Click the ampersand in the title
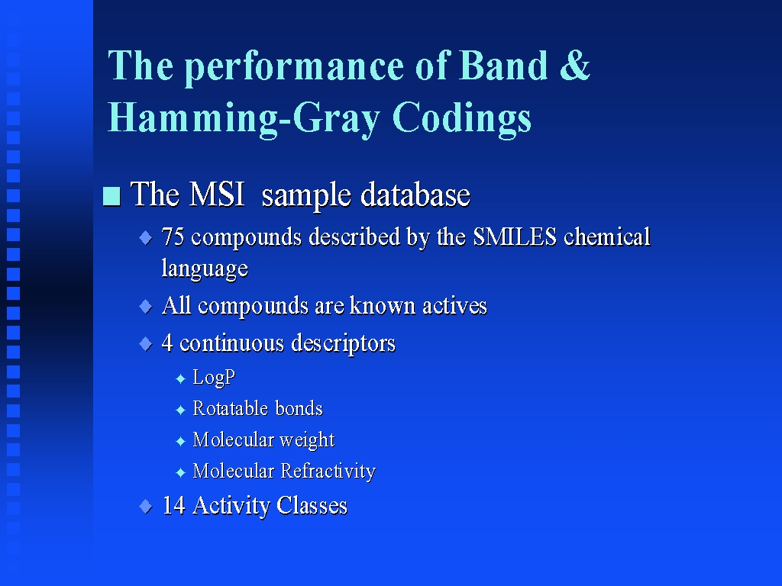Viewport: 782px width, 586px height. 575,66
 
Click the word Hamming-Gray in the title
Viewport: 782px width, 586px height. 244,118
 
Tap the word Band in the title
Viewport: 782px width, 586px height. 503,66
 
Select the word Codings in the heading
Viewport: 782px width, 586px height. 462,118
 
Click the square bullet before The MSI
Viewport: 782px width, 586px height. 111,196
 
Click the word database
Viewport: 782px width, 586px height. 415,195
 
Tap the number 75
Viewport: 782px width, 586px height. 173,237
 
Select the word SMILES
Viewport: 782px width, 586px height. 515,237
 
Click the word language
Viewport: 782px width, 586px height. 205,269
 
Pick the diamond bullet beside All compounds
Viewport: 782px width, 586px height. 146,306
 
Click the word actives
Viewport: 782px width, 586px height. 454,306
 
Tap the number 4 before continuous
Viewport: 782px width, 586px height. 167,343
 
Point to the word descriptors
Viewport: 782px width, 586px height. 343,343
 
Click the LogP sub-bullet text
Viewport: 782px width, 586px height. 214,377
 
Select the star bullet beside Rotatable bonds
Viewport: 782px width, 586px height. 180,410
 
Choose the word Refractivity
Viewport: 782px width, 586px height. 328,471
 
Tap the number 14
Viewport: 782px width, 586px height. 174,505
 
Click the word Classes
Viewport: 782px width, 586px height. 312,505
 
